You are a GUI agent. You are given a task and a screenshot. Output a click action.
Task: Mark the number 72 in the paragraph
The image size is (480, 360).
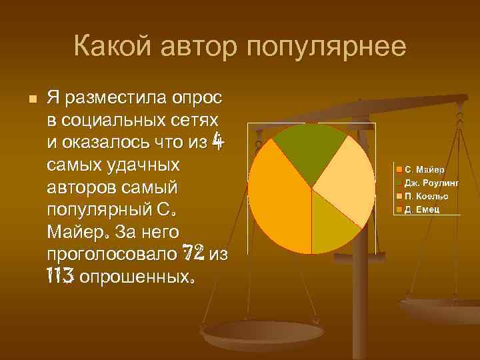pyautogui.click(x=194, y=253)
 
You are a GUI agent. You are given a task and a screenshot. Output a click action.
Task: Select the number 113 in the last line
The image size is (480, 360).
pyautogui.click(x=60, y=275)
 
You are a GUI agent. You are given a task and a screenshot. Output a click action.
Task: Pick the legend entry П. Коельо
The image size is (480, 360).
pyautogui.click(x=425, y=197)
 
